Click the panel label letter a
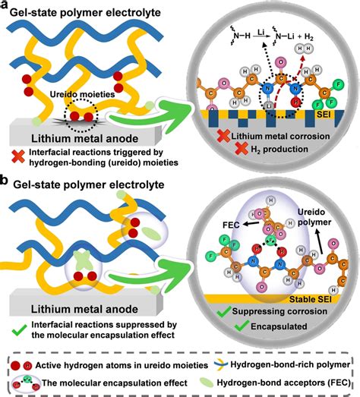6,6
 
